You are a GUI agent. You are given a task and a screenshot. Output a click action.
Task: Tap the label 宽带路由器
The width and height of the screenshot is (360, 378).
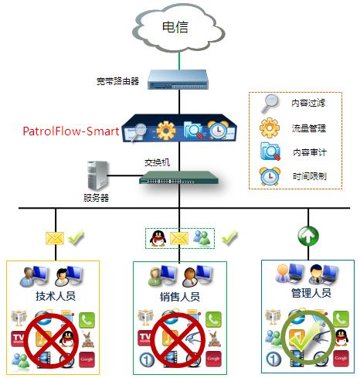[x=117, y=80]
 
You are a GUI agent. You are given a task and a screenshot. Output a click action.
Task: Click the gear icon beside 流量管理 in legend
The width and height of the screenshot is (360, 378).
[x=270, y=127]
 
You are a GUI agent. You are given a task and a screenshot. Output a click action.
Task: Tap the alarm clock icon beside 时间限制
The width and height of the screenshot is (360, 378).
[x=270, y=175]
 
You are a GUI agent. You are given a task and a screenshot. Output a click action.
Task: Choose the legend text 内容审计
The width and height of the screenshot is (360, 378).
[x=309, y=152]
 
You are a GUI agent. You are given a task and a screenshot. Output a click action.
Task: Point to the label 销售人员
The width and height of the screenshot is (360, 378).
[x=179, y=296]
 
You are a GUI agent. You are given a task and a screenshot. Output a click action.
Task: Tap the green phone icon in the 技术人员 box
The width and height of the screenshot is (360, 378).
[x=87, y=317]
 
